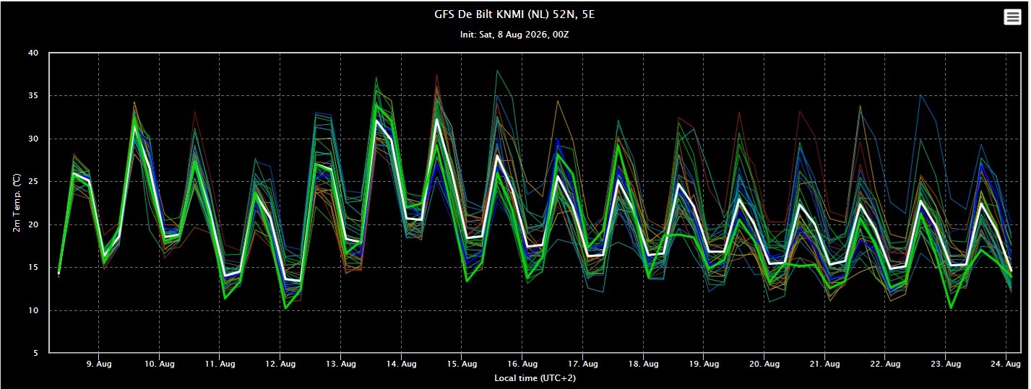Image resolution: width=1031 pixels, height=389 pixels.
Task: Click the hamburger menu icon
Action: (1012, 17)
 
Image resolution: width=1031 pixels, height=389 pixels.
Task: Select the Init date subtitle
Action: (514, 35)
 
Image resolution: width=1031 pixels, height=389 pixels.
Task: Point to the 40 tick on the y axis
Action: (33, 53)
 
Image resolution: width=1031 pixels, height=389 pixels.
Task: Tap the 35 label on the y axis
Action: (33, 96)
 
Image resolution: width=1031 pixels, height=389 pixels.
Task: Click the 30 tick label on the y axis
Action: (33, 139)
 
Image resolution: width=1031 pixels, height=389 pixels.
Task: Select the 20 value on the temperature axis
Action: (33, 225)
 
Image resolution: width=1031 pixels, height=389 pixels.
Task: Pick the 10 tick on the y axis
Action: (33, 310)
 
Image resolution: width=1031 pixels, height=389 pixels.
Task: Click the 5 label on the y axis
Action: (36, 353)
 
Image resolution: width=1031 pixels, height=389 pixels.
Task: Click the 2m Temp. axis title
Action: (17, 203)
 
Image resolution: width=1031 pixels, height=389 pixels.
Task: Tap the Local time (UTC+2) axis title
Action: (535, 378)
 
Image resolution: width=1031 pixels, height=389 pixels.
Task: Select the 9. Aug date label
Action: (99, 364)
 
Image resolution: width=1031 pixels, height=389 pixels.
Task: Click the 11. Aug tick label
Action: (220, 364)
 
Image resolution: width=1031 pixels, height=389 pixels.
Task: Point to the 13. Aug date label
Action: (340, 364)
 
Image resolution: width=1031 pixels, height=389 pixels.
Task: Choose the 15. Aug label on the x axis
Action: (462, 364)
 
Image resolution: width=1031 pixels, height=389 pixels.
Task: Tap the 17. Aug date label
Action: (583, 364)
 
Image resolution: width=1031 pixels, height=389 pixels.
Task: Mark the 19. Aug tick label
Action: (704, 364)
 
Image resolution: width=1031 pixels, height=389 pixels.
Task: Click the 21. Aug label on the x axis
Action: (825, 364)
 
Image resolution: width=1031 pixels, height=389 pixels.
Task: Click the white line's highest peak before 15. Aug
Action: (437, 119)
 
